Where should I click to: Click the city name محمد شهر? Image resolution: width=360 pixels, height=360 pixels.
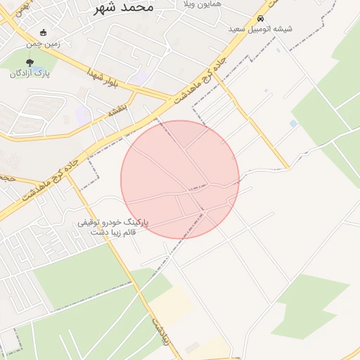click(122, 8)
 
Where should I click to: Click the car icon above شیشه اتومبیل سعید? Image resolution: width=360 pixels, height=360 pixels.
click(261, 19)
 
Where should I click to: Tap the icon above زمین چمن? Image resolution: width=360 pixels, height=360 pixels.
click(44, 32)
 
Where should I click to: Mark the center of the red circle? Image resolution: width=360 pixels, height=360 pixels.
click(180, 179)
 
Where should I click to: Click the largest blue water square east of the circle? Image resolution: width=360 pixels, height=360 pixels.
click(293, 124)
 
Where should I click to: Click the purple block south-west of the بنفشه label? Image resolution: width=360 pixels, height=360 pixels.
click(83, 115)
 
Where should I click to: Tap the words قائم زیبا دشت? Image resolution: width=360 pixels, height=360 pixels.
click(105, 232)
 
